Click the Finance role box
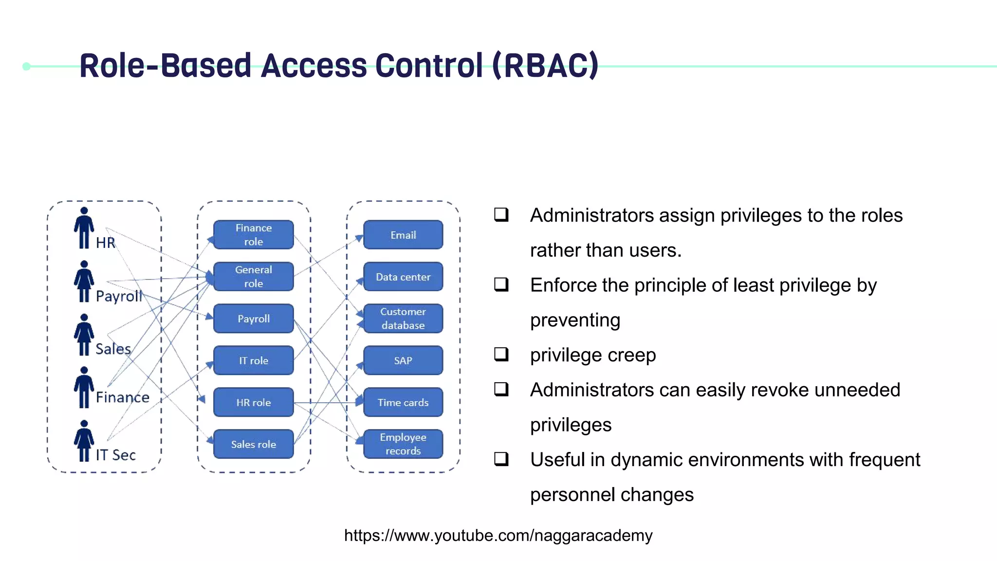pos(253,235)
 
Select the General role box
pos(253,277)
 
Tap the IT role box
pos(253,360)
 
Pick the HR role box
pos(253,402)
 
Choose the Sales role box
pos(253,444)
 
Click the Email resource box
pos(403,235)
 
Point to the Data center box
pos(403,277)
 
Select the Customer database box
pos(403,318)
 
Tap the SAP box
pos(403,360)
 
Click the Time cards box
pos(403,402)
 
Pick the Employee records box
pos(403,444)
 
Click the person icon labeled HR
pos(84,228)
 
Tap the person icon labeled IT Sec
pos(84,440)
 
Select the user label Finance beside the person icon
pos(122,397)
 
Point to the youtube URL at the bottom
pos(498,535)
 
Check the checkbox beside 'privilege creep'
pos(501,354)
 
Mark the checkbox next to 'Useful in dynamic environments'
pos(501,459)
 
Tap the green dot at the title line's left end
pos(27,66)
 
